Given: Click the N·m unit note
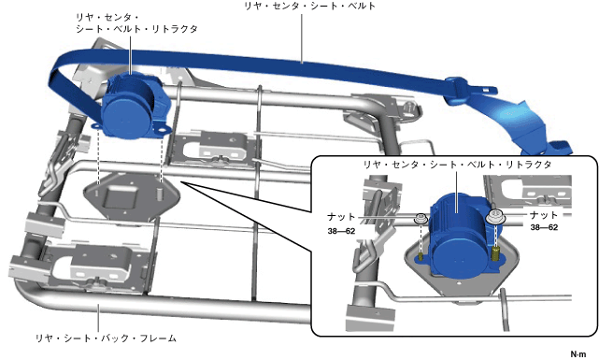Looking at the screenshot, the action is click(x=578, y=354).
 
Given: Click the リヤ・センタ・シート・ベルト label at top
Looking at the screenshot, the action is click(x=310, y=6).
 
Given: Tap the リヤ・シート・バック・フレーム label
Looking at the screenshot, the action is click(x=106, y=338).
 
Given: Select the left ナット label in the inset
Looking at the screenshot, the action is click(x=341, y=217).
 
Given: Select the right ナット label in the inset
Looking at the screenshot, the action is click(x=544, y=215).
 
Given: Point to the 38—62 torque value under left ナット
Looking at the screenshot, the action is click(x=341, y=231).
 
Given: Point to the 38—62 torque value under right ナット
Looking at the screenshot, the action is click(x=544, y=227).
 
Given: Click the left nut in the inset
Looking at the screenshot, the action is click(x=421, y=219).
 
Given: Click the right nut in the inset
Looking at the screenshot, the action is click(x=495, y=217).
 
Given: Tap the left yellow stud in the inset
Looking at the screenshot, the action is click(x=421, y=256).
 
